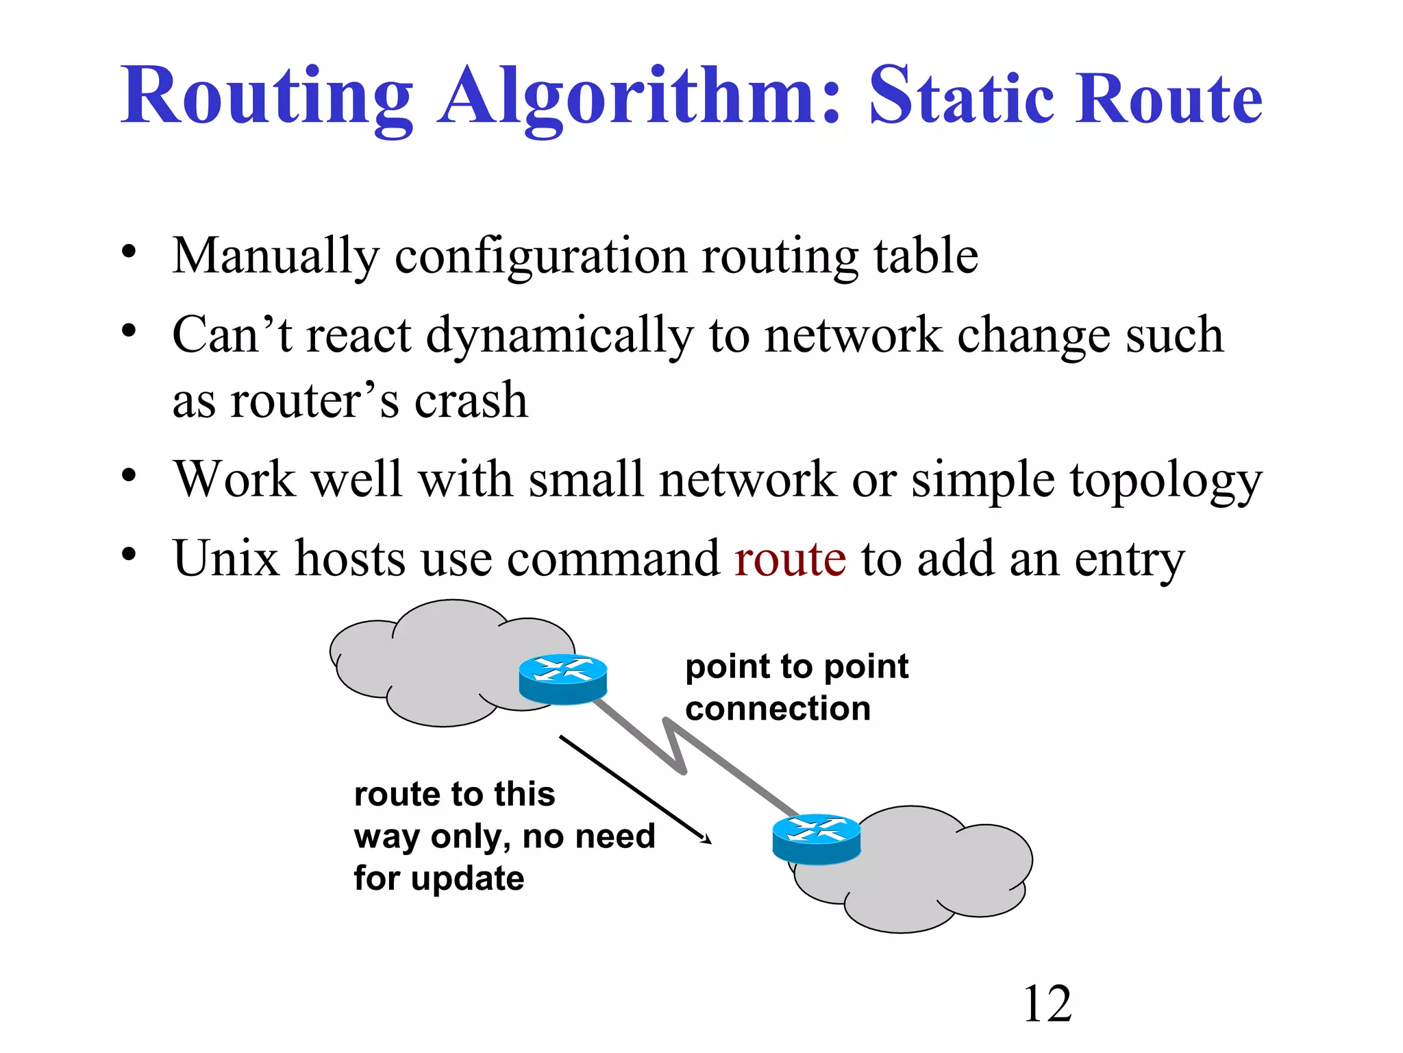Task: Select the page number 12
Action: click(x=1047, y=1004)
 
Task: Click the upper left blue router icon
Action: click(x=562, y=678)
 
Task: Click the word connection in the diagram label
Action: click(x=778, y=708)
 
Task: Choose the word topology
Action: click(x=1165, y=481)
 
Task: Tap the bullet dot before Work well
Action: click(x=129, y=474)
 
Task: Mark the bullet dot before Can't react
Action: click(x=129, y=331)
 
